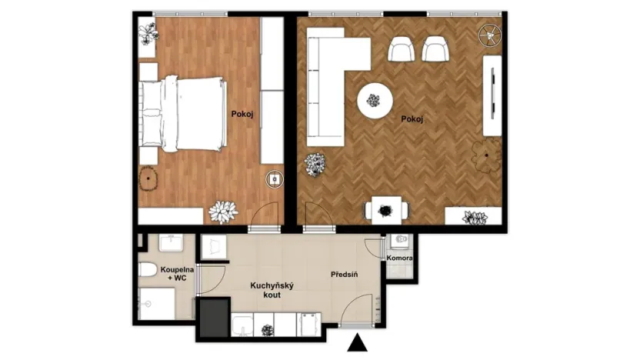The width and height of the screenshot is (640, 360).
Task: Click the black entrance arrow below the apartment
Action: coord(357,343)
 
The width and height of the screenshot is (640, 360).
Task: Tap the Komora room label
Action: coord(399,258)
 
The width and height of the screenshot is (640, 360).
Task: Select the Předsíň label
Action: coord(344,275)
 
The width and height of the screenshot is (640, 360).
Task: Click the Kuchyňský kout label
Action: coord(272,290)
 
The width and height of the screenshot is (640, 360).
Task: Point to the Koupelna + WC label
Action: coord(177,274)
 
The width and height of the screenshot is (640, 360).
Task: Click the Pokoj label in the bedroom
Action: coord(242,115)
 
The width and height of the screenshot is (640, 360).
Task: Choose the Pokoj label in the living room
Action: coord(412,119)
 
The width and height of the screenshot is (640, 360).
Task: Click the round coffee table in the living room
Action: coord(375,101)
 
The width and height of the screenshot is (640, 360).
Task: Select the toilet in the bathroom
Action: coord(148,270)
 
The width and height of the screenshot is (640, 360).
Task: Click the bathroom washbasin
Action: coord(171,243)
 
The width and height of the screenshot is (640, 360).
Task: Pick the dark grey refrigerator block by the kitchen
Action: coord(215,318)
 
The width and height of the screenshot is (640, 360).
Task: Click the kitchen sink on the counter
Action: coord(243,325)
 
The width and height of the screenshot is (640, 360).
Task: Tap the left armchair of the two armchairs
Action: coord(401,49)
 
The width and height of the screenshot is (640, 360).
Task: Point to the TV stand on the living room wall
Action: coord(492,95)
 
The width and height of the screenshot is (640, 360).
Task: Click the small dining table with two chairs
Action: coord(386,211)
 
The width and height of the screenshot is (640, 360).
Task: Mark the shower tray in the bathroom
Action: coord(157,304)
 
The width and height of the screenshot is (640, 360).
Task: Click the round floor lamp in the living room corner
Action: coord(489,35)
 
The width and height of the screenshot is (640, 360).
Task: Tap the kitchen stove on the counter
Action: coord(308,325)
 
